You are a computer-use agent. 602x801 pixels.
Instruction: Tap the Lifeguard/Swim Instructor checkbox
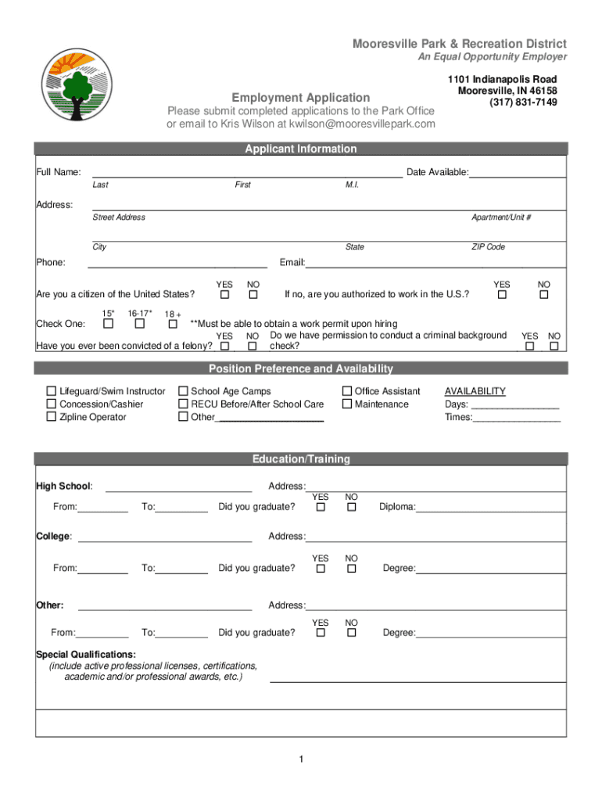[x=52, y=391]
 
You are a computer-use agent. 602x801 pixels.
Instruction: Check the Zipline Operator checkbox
[x=52, y=417]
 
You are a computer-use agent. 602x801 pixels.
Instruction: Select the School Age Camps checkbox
[x=183, y=391]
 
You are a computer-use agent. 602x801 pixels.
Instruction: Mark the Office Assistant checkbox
[x=346, y=391]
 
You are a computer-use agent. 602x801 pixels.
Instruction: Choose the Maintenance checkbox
[x=346, y=404]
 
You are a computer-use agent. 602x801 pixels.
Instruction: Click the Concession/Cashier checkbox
[x=52, y=404]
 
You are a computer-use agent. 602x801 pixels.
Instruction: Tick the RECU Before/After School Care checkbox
[x=183, y=404]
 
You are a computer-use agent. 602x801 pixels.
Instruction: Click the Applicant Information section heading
[x=300, y=149]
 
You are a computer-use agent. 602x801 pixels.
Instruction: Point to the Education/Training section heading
[x=300, y=459]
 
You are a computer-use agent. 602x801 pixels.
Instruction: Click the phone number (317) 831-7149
[x=523, y=102]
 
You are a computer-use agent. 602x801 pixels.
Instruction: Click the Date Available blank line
[x=517, y=174]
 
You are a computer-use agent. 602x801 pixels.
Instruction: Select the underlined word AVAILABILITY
[x=475, y=391]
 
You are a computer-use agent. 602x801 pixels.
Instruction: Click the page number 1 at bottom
[x=300, y=760]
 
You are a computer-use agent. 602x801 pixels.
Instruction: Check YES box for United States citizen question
[x=224, y=296]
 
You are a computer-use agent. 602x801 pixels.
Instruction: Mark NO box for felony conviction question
[x=253, y=346]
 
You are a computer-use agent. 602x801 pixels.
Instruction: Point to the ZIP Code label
[x=488, y=247]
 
